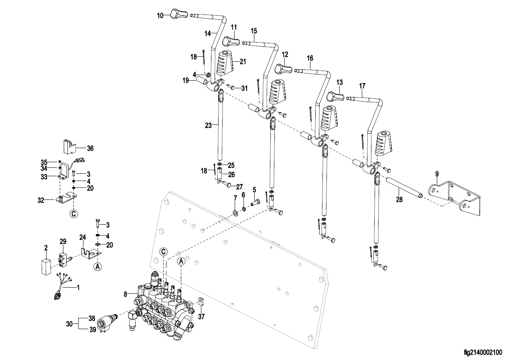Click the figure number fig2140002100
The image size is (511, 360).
pyautogui.click(x=483, y=353)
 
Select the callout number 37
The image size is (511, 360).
pyautogui.click(x=201, y=316)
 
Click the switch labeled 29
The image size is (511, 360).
pyautogui.click(x=63, y=258)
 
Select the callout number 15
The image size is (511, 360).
pyautogui.click(x=253, y=31)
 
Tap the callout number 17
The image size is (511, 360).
pyautogui.click(x=362, y=85)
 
